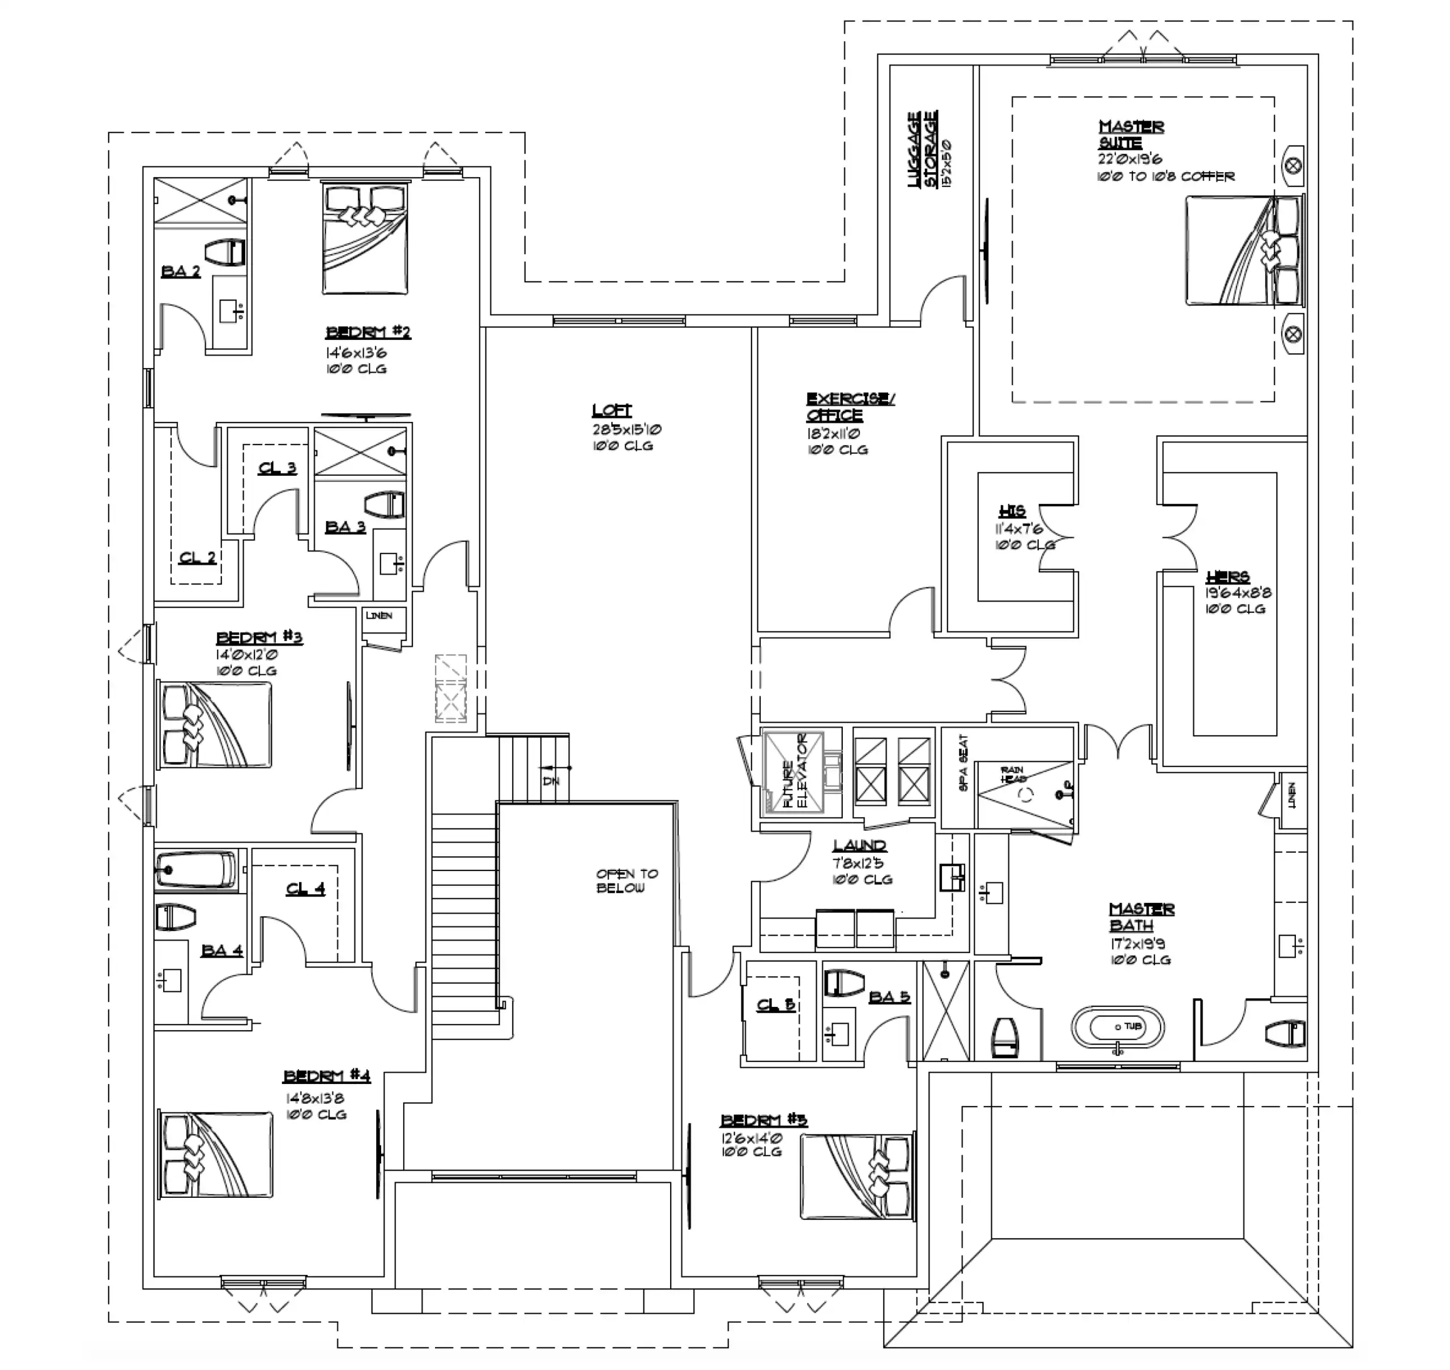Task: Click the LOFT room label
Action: click(x=611, y=411)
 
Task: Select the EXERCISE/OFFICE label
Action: click(x=849, y=407)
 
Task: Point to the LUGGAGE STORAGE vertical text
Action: click(x=923, y=150)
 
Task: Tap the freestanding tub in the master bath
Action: click(x=1118, y=1027)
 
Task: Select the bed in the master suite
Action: click(x=1243, y=250)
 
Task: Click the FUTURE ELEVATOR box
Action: click(x=792, y=773)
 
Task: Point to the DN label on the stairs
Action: click(x=551, y=780)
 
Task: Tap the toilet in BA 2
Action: click(x=224, y=253)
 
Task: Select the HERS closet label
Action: click(x=1227, y=577)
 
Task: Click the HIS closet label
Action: click(x=1012, y=510)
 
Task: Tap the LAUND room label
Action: click(x=859, y=846)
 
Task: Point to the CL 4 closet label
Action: click(x=305, y=889)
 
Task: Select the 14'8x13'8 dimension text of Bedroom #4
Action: click(x=315, y=1098)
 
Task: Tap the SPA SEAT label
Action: click(x=963, y=763)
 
